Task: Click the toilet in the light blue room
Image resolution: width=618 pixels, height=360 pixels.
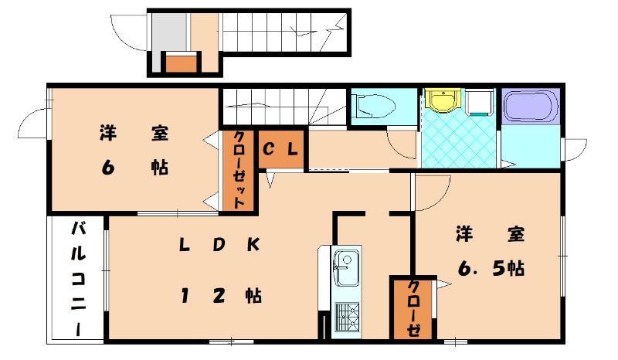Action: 372,106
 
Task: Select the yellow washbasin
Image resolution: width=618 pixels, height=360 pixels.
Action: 441,101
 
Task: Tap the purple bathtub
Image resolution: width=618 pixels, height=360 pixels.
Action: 529,107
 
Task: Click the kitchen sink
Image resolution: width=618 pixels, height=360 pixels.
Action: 345,270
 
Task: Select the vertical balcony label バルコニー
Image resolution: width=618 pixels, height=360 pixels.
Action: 79,277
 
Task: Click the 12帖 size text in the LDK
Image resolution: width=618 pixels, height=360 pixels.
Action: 219,295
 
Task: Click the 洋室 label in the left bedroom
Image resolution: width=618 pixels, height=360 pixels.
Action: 133,133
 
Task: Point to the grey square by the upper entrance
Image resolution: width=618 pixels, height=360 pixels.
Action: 169,32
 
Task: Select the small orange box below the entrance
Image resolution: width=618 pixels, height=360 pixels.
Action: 180,63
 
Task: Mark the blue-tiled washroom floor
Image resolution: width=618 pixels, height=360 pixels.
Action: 459,139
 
